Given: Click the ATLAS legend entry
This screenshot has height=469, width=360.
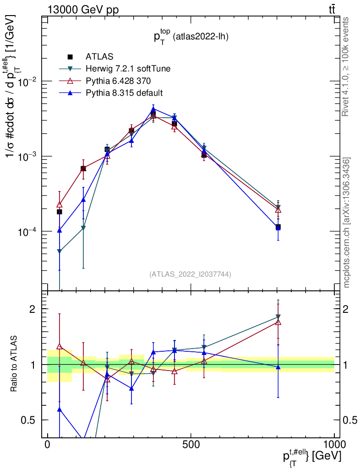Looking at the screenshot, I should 99,57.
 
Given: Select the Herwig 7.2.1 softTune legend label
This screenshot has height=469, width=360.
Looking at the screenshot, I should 128,69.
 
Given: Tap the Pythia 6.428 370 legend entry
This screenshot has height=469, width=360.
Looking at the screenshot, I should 118,81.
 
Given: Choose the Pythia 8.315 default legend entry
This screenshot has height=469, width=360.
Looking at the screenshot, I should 124,93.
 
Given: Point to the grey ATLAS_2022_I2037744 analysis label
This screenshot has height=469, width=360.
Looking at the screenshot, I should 190,274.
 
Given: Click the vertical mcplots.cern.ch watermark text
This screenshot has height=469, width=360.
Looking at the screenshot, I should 347,223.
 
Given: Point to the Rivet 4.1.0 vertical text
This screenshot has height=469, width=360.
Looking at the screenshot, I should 347,66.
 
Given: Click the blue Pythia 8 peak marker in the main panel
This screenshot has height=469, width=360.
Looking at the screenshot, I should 153,109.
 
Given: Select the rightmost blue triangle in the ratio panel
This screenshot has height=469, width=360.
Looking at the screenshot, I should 278,367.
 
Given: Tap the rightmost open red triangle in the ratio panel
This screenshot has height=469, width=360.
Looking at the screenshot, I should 278,322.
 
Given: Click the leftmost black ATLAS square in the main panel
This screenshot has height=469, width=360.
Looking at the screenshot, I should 59,212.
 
